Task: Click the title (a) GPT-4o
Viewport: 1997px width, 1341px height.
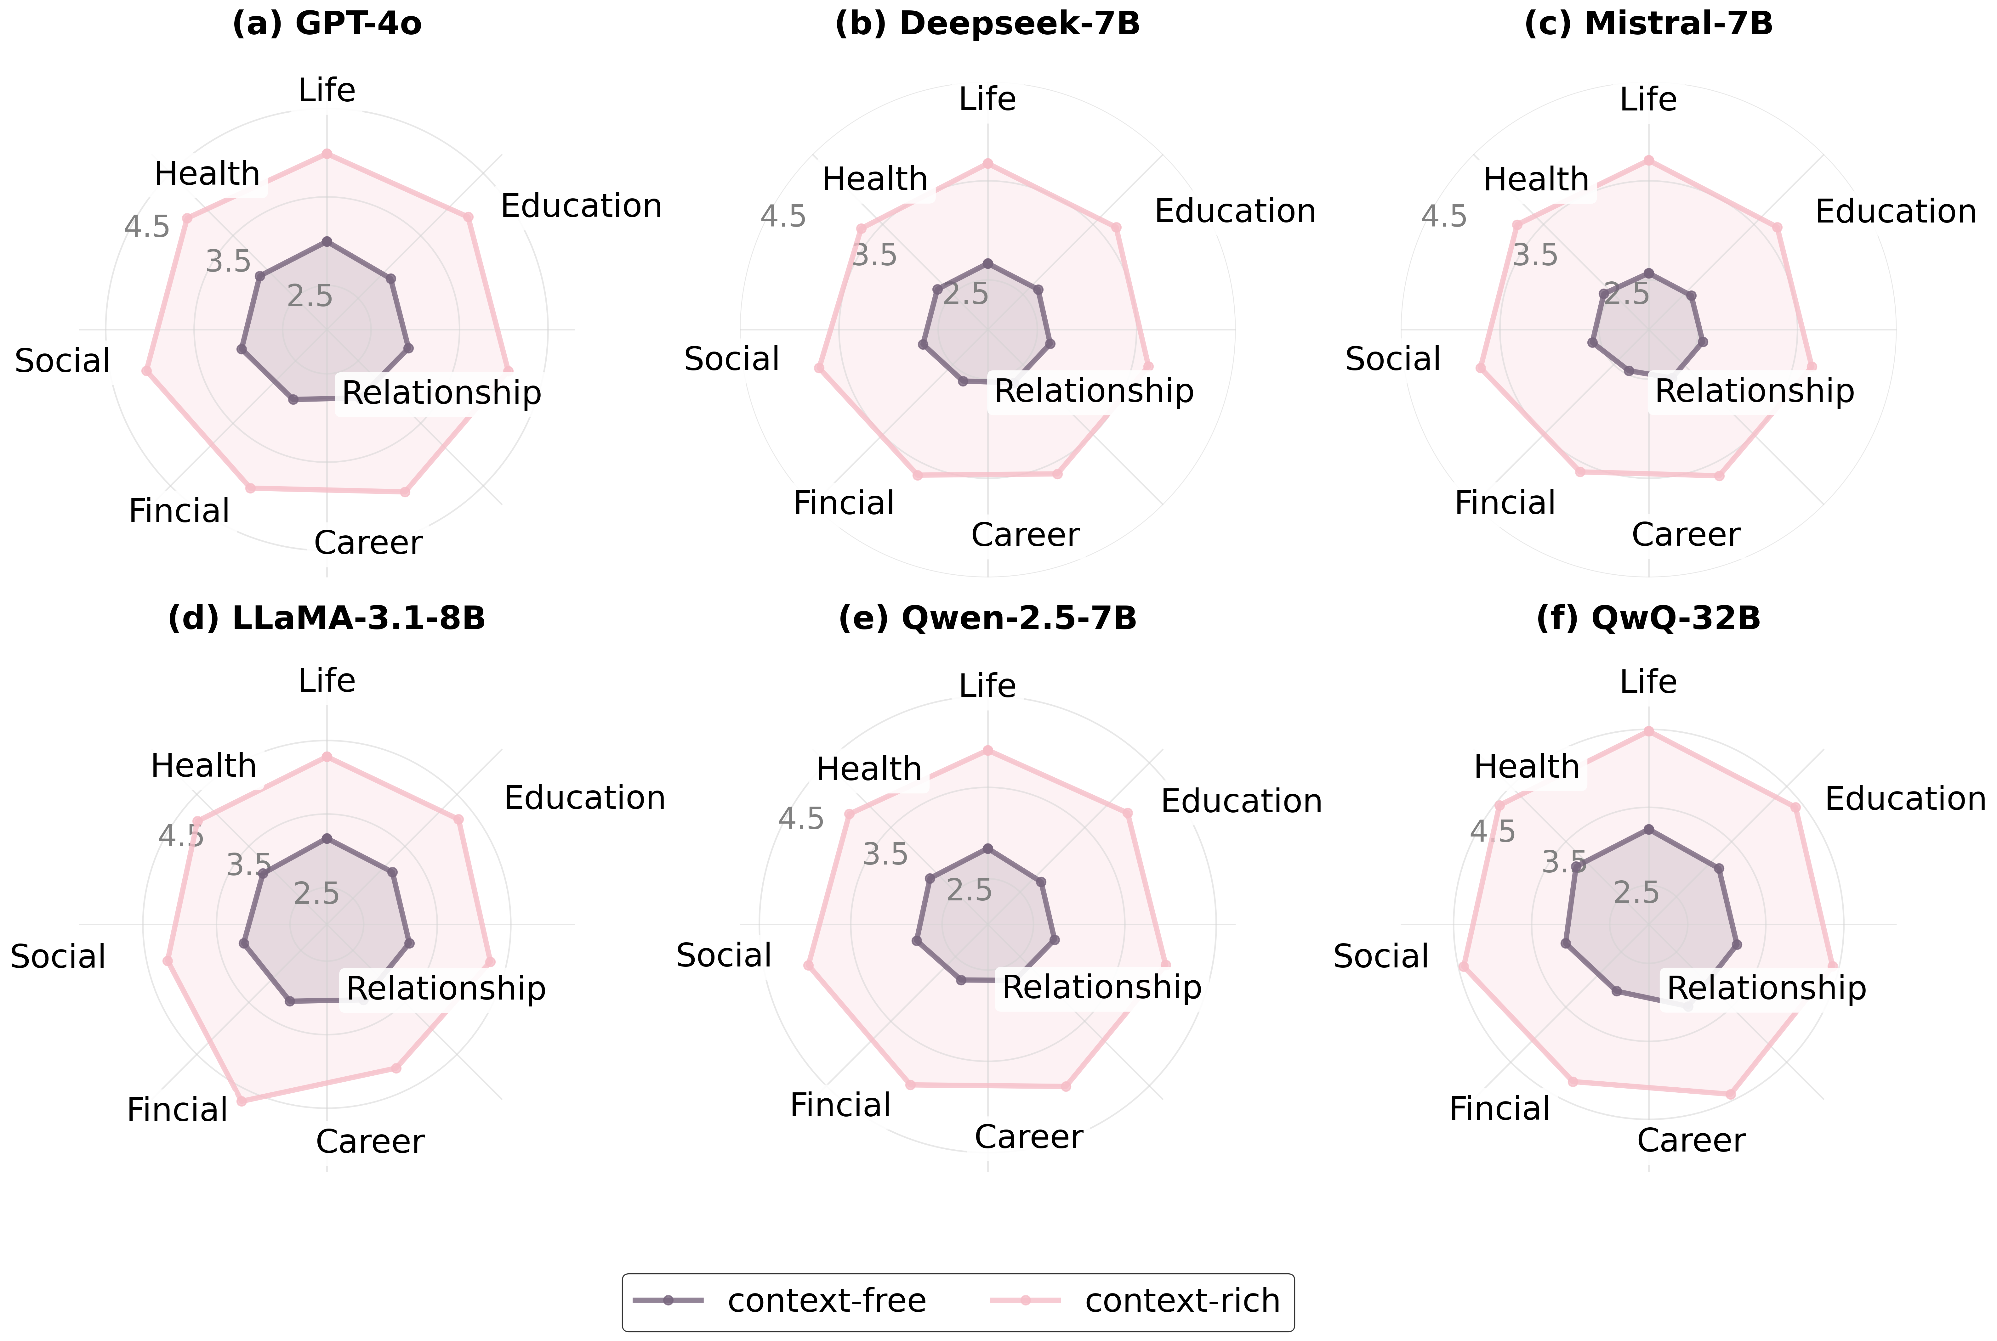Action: point(327,24)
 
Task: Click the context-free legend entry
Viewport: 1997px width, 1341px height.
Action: point(826,1301)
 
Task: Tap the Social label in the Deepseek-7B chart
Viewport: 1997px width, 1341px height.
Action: point(731,359)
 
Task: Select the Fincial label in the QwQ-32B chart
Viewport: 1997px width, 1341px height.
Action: point(1499,1109)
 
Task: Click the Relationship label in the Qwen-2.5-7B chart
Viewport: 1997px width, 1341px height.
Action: point(1101,988)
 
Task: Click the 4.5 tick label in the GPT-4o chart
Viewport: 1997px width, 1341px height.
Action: point(146,228)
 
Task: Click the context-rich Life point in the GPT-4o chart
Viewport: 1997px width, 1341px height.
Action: point(326,154)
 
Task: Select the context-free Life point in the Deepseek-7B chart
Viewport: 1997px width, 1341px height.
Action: point(987,263)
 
